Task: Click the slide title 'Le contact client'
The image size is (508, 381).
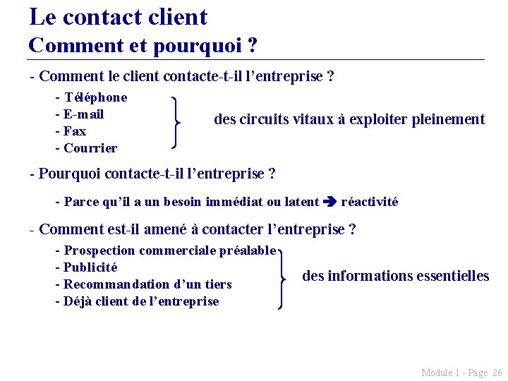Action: pyautogui.click(x=119, y=17)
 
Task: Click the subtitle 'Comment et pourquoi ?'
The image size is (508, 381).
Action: pyautogui.click(x=143, y=47)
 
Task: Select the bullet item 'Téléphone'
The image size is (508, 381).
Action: pyautogui.click(x=95, y=97)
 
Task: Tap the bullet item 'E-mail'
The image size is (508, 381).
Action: pyautogui.click(x=83, y=114)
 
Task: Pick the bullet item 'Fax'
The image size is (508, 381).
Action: pyautogui.click(x=75, y=131)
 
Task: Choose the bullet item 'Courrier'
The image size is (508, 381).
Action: pyautogui.click(x=90, y=148)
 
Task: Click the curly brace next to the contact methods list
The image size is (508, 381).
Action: pyautogui.click(x=175, y=123)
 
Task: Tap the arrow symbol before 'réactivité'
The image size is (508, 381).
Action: pyautogui.click(x=329, y=202)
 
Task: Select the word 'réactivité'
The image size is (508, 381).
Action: pyautogui.click(x=370, y=202)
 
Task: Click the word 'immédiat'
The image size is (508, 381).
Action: pyautogui.click(x=234, y=202)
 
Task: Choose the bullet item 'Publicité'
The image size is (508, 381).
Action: pyautogui.click(x=90, y=267)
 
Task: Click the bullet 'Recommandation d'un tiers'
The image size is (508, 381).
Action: pyautogui.click(x=147, y=284)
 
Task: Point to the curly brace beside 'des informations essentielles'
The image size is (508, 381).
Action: pyautogui.click(x=282, y=278)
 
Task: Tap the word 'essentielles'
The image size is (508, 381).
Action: pyautogui.click(x=452, y=276)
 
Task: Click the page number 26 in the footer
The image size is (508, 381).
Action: pyautogui.click(x=497, y=373)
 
